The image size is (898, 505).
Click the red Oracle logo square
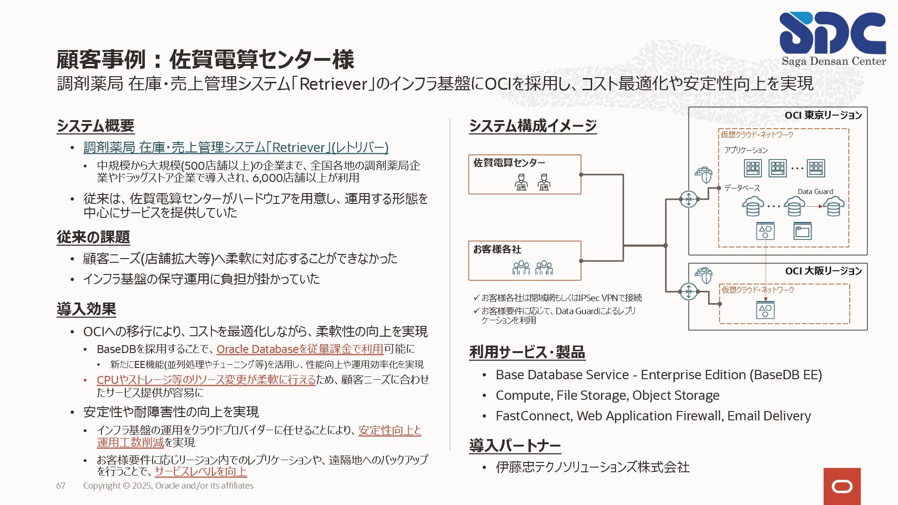[842, 486]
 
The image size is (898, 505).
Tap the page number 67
[61, 485]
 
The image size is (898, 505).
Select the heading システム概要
[95, 126]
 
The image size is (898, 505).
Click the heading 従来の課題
[93, 237]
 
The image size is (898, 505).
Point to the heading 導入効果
[87, 309]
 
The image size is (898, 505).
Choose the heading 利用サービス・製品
[527, 352]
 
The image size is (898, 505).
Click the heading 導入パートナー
[515, 446]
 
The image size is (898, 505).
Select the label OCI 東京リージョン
[823, 115]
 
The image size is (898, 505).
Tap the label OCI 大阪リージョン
[823, 271]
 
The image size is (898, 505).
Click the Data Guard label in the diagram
[815, 192]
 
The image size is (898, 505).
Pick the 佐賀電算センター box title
[509, 163]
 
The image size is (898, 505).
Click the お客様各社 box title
[497, 249]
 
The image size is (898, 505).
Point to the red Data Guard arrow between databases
[814, 206]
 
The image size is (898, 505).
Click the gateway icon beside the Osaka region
[688, 291]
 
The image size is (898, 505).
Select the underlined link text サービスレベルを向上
[201, 471]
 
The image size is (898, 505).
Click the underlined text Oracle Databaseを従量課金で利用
[300, 349]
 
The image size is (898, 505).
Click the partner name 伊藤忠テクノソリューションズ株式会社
[593, 467]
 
